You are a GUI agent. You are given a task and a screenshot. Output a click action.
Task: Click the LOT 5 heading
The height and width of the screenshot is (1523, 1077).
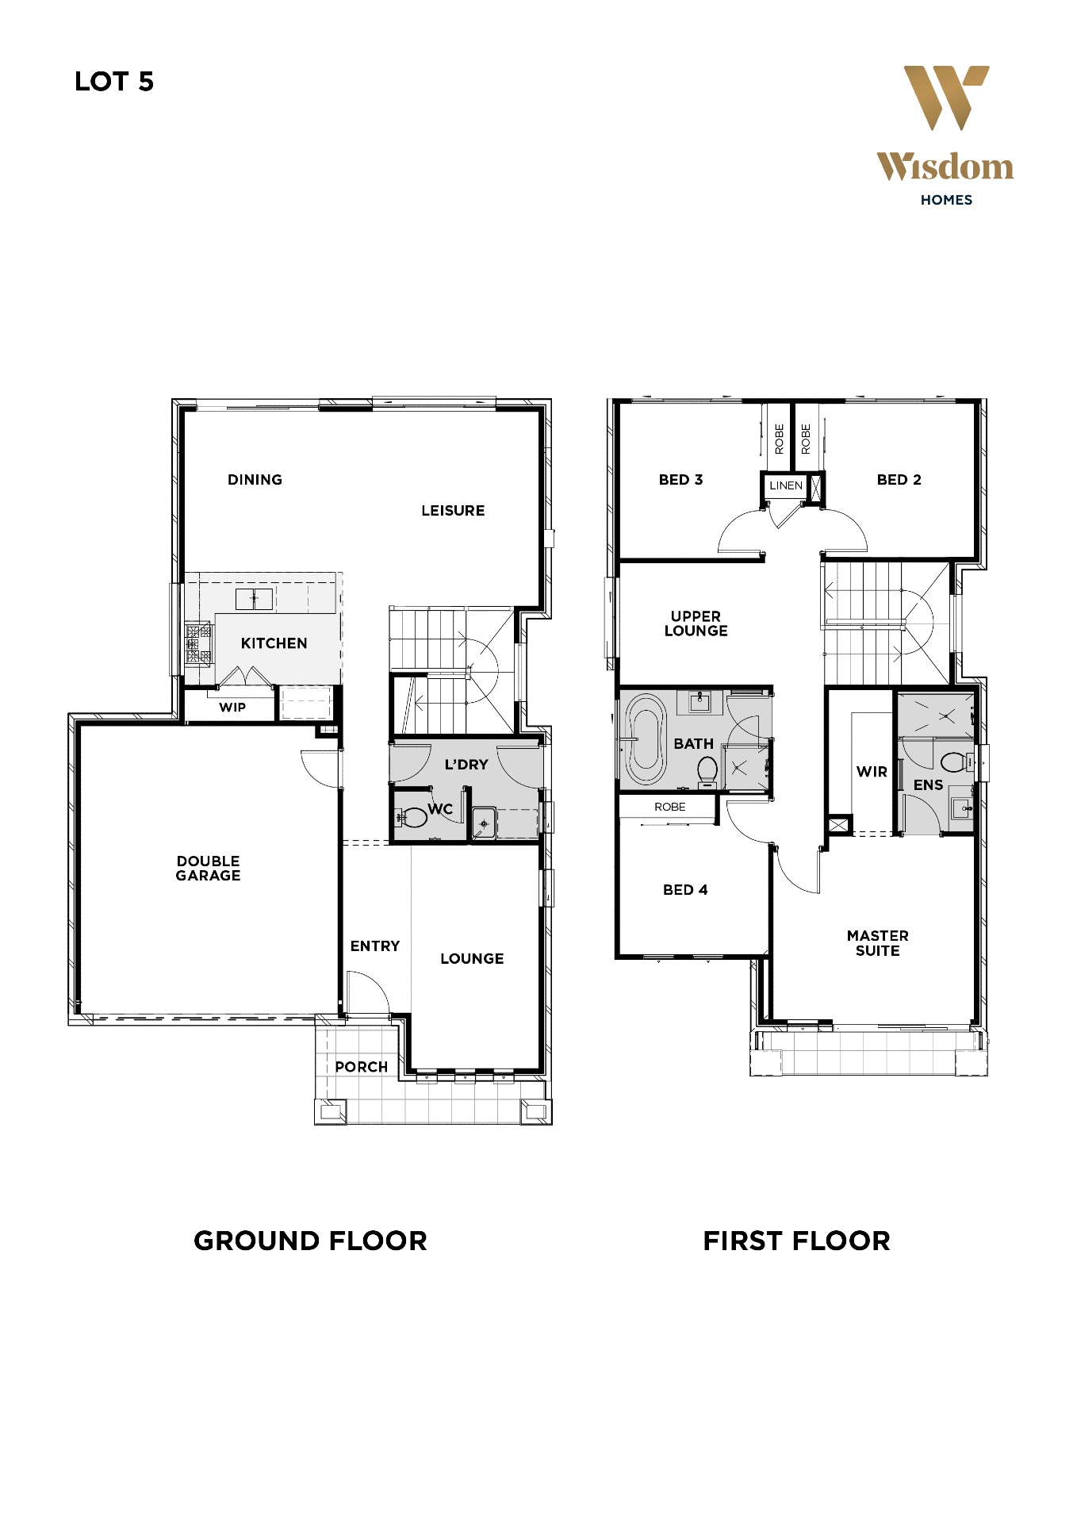point(114,82)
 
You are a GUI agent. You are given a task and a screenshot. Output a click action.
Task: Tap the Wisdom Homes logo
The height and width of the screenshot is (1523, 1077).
point(945,136)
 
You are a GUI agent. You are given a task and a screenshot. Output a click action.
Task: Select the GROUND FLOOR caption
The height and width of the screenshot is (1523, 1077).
point(310,1241)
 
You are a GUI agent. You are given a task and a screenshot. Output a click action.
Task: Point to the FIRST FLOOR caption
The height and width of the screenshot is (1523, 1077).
point(796,1241)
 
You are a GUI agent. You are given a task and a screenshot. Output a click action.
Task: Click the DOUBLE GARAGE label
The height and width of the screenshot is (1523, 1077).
point(208,868)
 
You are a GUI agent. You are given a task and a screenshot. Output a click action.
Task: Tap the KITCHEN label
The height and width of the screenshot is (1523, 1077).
point(274,643)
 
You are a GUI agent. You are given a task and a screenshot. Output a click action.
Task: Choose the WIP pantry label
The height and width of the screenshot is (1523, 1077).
point(232,708)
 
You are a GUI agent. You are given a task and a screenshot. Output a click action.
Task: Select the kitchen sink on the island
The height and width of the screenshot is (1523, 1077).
point(254,598)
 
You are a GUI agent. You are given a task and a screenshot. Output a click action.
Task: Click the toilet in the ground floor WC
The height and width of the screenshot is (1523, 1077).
point(410,816)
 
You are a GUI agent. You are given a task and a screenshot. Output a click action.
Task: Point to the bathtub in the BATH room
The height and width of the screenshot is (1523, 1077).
point(646,740)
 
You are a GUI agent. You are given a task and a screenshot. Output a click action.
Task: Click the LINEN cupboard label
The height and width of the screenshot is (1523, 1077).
point(786,485)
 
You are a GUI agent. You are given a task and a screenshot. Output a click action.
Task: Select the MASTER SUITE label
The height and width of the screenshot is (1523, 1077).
point(877,943)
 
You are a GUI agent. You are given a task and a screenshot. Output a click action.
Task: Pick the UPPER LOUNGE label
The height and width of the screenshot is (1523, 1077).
point(696,623)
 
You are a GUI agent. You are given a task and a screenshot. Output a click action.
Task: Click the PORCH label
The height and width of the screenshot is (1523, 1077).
point(362,1067)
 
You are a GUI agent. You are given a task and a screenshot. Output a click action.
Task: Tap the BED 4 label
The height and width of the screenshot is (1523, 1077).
point(685,890)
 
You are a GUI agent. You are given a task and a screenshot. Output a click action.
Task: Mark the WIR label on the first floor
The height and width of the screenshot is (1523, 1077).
point(872,771)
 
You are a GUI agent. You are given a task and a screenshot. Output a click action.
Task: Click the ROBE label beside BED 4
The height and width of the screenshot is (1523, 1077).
point(670,807)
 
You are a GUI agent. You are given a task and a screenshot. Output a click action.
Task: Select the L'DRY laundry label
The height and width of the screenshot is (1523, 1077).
point(466,765)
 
